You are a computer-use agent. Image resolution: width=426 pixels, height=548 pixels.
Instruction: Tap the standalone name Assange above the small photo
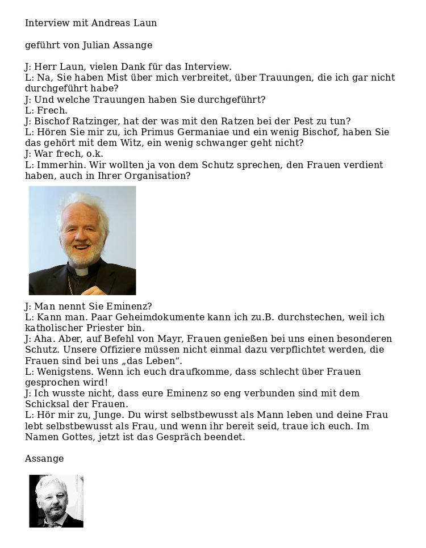(x=44, y=459)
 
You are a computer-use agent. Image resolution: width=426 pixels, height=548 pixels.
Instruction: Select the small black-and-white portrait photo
(x=56, y=501)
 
